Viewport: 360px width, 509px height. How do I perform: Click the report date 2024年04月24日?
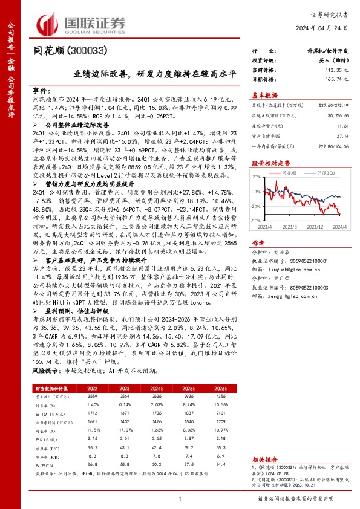(325, 29)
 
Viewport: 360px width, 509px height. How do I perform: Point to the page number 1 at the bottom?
(180, 498)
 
